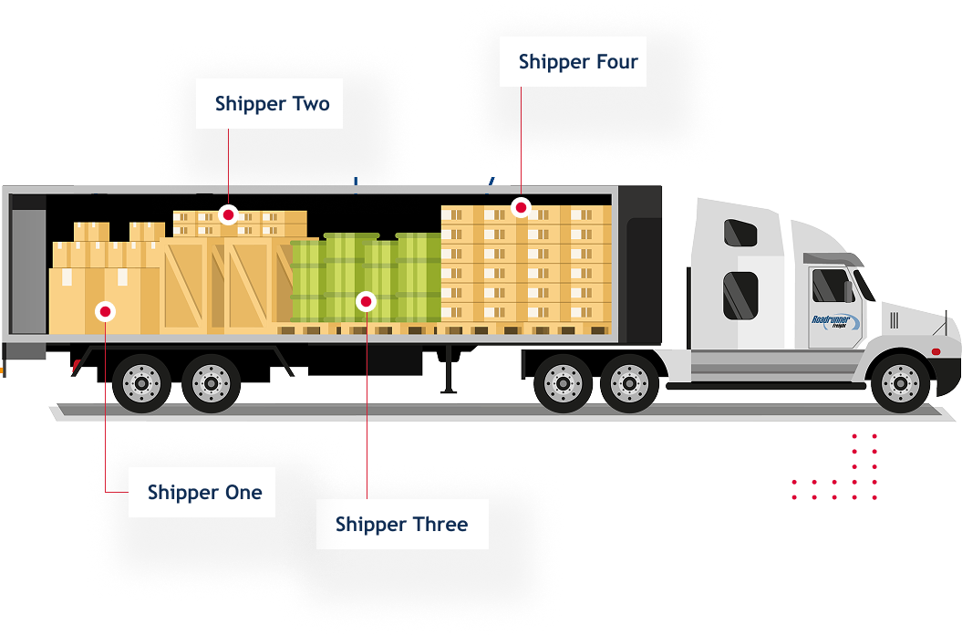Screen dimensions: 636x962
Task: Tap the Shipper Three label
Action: (x=401, y=525)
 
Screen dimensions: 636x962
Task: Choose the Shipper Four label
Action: (x=573, y=62)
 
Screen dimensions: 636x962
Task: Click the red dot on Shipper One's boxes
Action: (x=106, y=312)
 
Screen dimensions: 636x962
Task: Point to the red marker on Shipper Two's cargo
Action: (x=229, y=214)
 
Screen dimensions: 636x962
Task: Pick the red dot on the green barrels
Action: (x=366, y=300)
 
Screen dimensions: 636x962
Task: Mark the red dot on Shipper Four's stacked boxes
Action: (x=521, y=207)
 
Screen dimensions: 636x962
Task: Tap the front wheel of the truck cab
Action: (x=900, y=381)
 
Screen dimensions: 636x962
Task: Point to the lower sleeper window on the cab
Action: (x=740, y=294)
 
